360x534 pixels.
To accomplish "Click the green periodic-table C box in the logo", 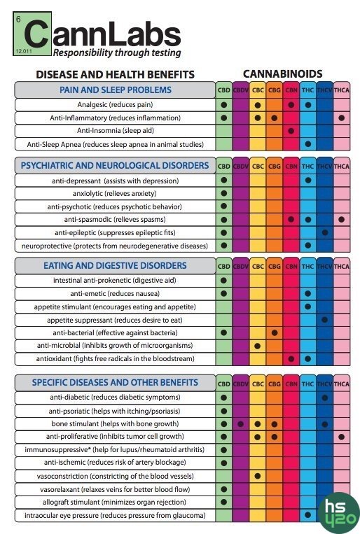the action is pos(32,34).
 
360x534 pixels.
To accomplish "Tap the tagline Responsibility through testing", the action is pos(117,52).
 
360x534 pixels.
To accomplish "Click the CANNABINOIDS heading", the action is pos(283,74).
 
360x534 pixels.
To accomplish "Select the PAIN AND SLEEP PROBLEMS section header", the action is pos(116,90).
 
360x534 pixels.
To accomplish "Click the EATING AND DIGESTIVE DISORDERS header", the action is pos(115,266).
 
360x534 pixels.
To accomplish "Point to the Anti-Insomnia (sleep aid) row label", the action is pos(116,131).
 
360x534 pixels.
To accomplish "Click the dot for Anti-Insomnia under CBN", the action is pos(291,131).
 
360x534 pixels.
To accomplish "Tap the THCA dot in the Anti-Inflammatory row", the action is pos(342,118).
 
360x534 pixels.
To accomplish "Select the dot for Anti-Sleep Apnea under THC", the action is pos(308,144).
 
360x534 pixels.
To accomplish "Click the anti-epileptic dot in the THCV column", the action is pos(325,232).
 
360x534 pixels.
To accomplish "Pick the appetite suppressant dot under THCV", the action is pos(325,320).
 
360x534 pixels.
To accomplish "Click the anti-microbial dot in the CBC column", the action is pos(257,346).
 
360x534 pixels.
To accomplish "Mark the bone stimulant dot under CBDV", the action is pos(241,424).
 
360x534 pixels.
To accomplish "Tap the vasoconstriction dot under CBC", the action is pos(257,476).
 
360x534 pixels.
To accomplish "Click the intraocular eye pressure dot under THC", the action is pos(308,515).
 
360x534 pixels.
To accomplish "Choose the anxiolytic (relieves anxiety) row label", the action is pos(115,194).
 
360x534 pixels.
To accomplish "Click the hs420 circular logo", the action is pos(338,513).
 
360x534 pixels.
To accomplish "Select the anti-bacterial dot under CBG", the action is pos(275,332).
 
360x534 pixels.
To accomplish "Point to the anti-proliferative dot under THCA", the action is pos(342,437).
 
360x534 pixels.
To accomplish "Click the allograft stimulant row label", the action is pos(114,503).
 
